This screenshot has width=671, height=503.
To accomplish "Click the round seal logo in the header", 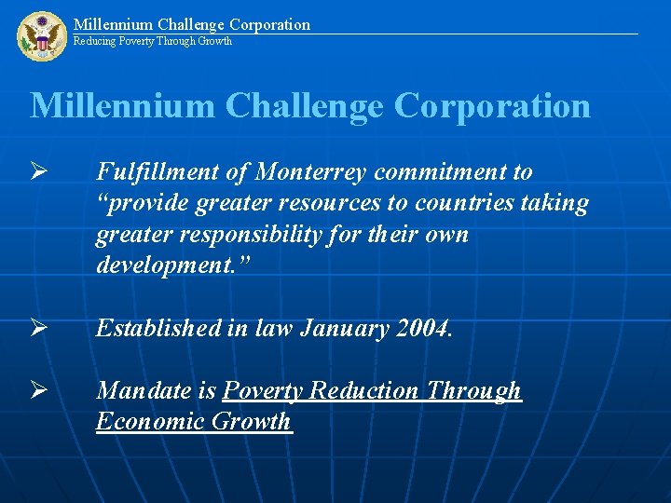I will (x=42, y=36).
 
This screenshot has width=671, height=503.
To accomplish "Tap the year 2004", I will (x=424, y=328).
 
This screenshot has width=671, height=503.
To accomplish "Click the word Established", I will (x=157, y=328).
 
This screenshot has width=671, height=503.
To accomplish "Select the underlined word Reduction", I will (x=365, y=390).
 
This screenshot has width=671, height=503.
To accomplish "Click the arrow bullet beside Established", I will (x=40, y=329).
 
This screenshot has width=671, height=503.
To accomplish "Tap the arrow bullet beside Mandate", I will (x=40, y=391).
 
